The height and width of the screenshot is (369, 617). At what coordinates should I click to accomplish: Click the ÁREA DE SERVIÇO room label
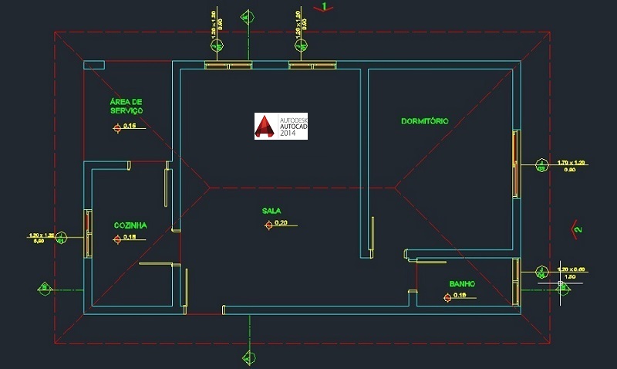point(126,106)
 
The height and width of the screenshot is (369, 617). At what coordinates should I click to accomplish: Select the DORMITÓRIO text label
point(425,121)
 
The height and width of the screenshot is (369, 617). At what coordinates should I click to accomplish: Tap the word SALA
point(271,210)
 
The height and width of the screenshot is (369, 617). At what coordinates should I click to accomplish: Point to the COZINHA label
point(130,225)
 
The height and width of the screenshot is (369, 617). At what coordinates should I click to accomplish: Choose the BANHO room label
point(462,283)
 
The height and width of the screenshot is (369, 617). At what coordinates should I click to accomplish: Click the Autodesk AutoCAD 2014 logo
point(281,127)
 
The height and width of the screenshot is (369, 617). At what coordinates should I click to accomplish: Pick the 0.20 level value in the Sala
point(281,224)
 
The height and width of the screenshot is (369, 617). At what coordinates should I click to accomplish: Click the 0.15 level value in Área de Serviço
point(130,126)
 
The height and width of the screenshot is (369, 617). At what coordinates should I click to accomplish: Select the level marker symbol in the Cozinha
point(117,239)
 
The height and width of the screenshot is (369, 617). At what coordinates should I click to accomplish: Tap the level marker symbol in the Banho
point(447,296)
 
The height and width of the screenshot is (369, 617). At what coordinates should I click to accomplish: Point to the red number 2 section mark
point(575,229)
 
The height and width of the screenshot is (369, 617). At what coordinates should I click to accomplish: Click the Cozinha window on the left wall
point(88,233)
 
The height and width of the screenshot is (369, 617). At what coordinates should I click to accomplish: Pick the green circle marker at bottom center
point(248,357)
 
